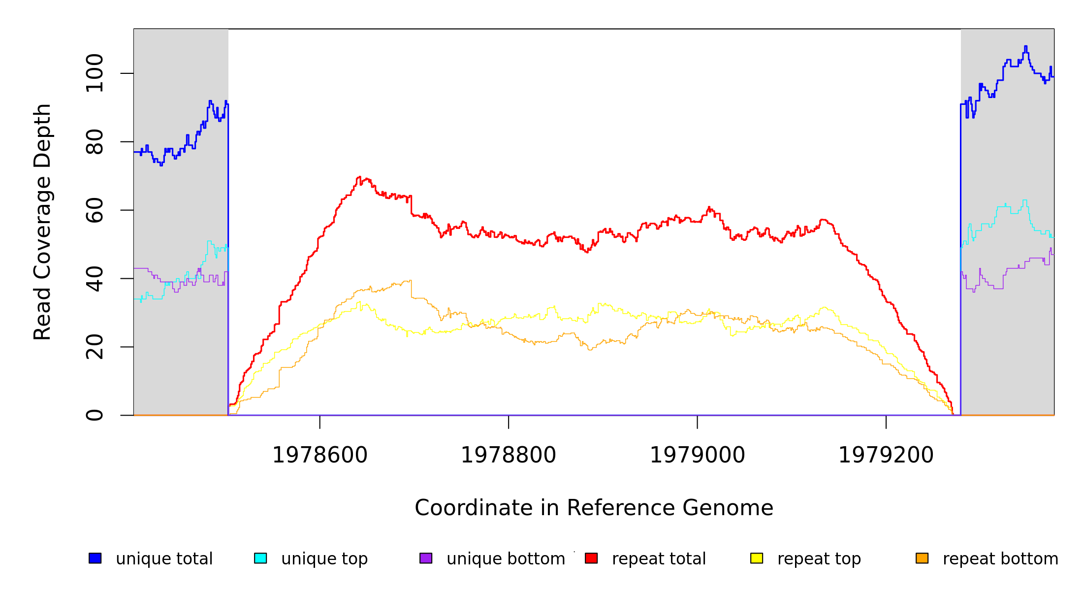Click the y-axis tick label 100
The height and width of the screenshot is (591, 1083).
[x=95, y=73]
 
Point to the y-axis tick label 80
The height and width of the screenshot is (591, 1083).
[x=95, y=142]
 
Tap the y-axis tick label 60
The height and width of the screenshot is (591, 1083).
[x=95, y=210]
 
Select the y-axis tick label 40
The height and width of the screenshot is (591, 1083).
[x=95, y=279]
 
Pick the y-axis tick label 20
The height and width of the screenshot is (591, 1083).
[x=95, y=347]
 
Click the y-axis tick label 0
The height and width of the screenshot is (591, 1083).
[x=95, y=415]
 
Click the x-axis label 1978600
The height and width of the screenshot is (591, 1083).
[x=320, y=455]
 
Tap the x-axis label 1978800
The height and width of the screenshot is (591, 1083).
[x=509, y=455]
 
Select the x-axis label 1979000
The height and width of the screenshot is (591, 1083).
[x=698, y=455]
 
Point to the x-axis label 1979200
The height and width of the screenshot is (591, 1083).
[x=886, y=455]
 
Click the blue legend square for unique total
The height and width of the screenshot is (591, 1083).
[x=95, y=558]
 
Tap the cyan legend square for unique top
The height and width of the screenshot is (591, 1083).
[x=260, y=558]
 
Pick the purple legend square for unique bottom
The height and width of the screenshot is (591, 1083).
[x=426, y=558]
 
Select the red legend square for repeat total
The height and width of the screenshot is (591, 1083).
[x=591, y=558]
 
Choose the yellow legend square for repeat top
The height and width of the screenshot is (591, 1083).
[x=757, y=558]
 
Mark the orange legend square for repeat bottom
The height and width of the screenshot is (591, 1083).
[x=922, y=558]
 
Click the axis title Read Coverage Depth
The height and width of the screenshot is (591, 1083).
[x=42, y=222]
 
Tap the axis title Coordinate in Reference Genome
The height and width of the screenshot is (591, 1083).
[x=594, y=508]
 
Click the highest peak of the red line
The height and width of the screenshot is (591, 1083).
[x=359, y=177]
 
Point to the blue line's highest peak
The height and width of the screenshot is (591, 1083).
[x=1025, y=46]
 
